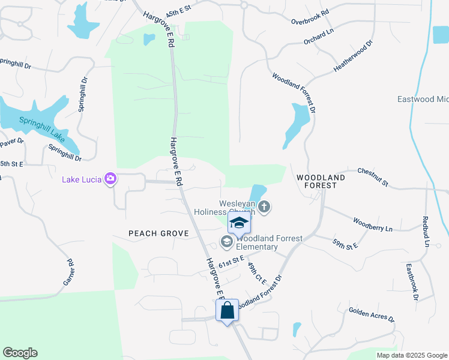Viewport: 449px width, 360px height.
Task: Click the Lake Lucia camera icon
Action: (110, 178)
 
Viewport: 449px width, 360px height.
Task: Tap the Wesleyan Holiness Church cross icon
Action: (264, 208)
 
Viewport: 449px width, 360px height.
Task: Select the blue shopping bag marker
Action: (227, 311)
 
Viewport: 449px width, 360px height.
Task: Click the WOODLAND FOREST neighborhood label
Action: (321, 182)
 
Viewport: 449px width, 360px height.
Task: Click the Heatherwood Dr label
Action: (353, 58)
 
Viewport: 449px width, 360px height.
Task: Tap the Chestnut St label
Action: (373, 176)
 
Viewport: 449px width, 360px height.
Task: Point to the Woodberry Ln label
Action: (372, 224)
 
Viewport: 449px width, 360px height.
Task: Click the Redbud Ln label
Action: (426, 232)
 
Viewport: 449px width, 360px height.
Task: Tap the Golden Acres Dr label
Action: (371, 314)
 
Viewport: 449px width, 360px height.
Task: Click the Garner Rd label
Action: (68, 271)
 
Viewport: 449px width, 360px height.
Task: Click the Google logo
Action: (20, 353)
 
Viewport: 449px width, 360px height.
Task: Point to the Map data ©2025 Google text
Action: (411, 355)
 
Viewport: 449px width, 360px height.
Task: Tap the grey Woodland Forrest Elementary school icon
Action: (226, 242)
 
